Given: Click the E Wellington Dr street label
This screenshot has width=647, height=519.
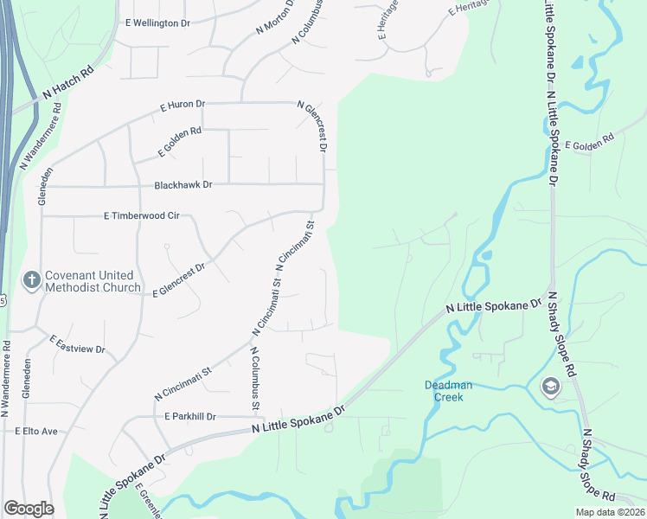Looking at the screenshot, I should [x=157, y=22].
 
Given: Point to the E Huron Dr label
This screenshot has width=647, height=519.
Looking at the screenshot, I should [x=183, y=106].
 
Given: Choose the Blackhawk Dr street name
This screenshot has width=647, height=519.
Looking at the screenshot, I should [x=183, y=185].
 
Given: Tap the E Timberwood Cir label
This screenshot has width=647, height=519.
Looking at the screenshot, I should [x=141, y=215].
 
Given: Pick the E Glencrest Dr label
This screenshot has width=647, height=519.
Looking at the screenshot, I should [x=179, y=280].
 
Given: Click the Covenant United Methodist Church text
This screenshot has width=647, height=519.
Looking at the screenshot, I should [x=93, y=281].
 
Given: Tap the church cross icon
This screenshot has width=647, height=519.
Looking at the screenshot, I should [x=31, y=280].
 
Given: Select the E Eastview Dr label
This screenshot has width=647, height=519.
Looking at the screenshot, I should [x=77, y=344].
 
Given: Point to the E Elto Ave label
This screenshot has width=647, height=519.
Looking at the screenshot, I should [x=35, y=431].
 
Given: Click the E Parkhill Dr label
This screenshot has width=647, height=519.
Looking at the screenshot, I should [x=189, y=416].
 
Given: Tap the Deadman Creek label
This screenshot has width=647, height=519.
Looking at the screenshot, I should [x=444, y=391].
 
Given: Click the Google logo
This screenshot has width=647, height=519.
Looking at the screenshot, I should [x=29, y=509].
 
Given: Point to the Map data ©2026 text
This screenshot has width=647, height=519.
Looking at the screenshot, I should [x=610, y=512].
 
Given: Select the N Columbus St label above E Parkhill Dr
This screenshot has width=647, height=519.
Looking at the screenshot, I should [x=255, y=378].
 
